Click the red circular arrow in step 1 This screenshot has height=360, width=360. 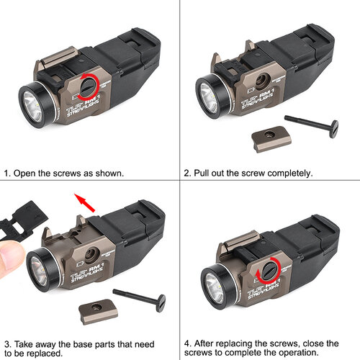pos(89,84)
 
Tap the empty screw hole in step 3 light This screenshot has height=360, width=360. pos(91,253)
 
